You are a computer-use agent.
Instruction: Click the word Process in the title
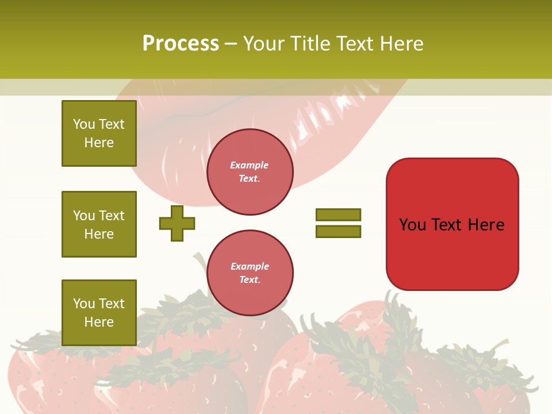[181, 44]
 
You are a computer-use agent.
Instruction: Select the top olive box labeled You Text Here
[99, 133]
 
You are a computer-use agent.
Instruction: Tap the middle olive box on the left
[99, 224]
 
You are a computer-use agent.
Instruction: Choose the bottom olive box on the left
[99, 312]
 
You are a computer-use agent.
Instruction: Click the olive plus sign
[177, 224]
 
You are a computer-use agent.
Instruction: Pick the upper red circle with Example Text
[250, 172]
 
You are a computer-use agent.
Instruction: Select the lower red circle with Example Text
[250, 273]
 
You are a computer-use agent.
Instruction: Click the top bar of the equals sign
[338, 214]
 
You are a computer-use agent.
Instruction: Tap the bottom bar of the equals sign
[338, 232]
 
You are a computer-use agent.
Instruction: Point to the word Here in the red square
[486, 225]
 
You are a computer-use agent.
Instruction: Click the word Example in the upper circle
[250, 165]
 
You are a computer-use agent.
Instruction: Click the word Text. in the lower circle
[250, 280]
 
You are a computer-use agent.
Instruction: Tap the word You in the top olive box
[84, 124]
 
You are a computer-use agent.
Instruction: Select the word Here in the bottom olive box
[99, 322]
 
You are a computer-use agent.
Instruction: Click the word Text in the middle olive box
[112, 216]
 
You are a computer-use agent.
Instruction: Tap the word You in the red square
[412, 225]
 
